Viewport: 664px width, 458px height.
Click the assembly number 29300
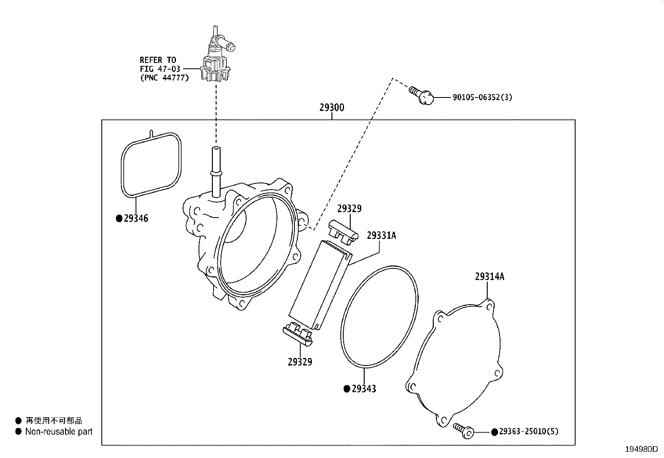[x=332, y=108]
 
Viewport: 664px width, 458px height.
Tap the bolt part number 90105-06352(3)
[x=482, y=98]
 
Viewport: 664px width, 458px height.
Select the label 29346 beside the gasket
[x=136, y=218]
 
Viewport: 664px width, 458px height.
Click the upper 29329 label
[x=349, y=209]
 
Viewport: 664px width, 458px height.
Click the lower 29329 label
[x=299, y=362]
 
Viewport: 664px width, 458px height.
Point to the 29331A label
[x=381, y=235]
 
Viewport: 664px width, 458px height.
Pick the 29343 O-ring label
[x=364, y=389]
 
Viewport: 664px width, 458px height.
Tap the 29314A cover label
[x=489, y=277]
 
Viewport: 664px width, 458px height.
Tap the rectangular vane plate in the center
[x=320, y=283]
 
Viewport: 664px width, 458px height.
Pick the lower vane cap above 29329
[x=297, y=333]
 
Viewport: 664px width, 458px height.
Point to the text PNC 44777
[x=164, y=78]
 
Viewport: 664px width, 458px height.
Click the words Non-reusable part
[x=59, y=432]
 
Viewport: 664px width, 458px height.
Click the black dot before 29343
[x=346, y=389]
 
